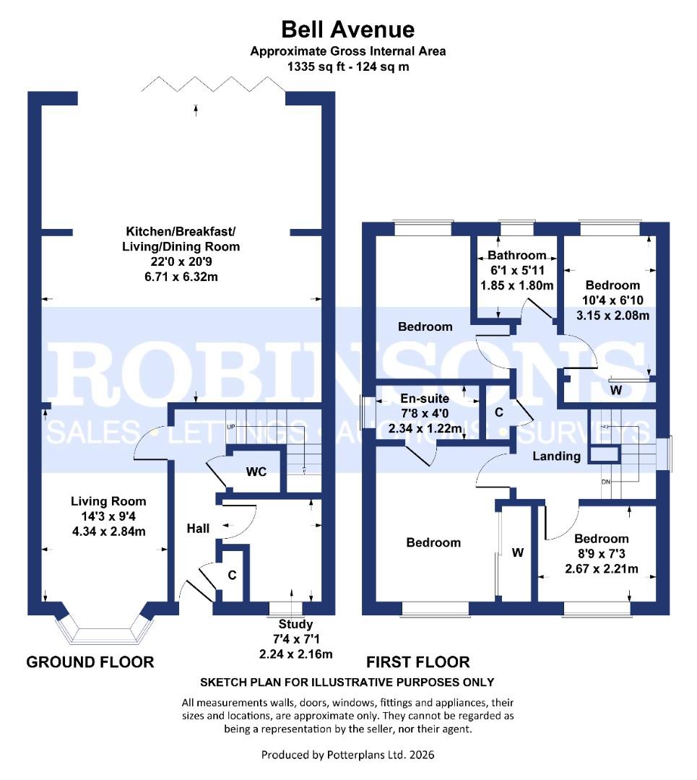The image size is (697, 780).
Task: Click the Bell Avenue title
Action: (x=348, y=30)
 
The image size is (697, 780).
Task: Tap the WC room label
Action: (x=256, y=472)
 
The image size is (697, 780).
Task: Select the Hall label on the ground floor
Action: (x=198, y=529)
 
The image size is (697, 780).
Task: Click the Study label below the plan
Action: (x=296, y=625)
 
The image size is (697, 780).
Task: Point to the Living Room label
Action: (x=108, y=501)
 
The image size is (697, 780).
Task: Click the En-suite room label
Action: (x=425, y=399)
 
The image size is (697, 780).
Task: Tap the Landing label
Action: (x=556, y=456)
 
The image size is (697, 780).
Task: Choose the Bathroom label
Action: (x=516, y=256)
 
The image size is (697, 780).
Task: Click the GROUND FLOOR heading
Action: (x=90, y=662)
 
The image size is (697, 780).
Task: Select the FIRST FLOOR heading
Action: (x=418, y=662)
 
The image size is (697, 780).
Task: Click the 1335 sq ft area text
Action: (x=348, y=66)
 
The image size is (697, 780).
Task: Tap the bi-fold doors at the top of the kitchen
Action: (x=215, y=86)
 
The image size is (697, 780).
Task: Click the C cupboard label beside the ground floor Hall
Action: (x=231, y=576)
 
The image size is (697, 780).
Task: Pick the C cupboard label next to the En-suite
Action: (x=498, y=413)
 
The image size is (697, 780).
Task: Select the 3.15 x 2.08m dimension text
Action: (x=612, y=315)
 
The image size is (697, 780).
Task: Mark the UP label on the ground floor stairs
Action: (x=231, y=427)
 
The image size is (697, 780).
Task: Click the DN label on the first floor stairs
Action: (x=605, y=482)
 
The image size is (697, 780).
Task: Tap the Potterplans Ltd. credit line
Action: (x=348, y=755)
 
